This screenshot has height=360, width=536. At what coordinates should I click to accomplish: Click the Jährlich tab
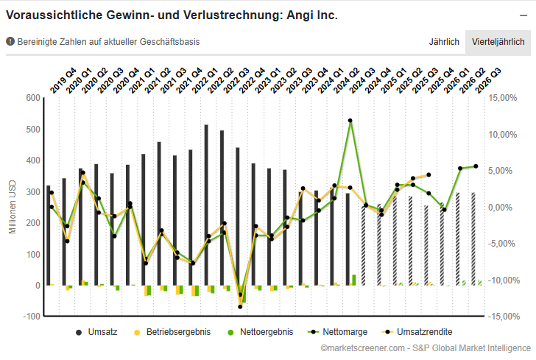(x=444, y=42)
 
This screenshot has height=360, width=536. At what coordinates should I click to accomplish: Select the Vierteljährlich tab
(x=498, y=42)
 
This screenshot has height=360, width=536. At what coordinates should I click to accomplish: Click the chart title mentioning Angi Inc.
(x=172, y=15)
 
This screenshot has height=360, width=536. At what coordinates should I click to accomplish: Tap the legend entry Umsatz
(x=96, y=332)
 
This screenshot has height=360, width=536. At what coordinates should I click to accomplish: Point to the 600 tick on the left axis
(x=32, y=98)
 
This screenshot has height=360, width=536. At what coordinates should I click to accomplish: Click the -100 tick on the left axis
(x=31, y=317)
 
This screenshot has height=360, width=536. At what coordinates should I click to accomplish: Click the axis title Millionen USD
(x=12, y=207)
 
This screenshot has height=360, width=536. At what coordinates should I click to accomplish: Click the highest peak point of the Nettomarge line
(x=350, y=120)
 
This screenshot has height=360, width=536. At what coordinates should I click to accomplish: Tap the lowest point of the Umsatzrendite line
(x=240, y=306)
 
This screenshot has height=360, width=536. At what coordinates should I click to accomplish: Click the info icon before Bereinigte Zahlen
(x=10, y=42)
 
